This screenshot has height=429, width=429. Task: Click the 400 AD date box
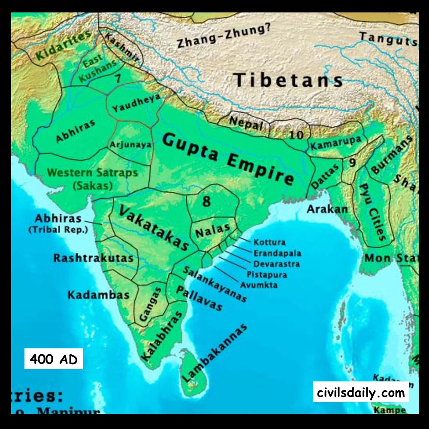point(54,359)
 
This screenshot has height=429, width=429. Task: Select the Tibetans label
point(288,80)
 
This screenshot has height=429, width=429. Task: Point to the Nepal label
point(246,123)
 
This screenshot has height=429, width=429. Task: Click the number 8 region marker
point(206,201)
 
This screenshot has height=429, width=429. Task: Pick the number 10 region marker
point(296,135)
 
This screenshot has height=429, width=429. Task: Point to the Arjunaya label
point(131,145)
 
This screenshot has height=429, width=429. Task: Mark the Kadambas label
point(98,295)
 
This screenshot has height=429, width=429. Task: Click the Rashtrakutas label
point(93,258)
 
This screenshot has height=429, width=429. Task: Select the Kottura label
point(269,242)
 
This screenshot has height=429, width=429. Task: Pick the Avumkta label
point(258,285)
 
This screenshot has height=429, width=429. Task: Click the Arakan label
point(327,209)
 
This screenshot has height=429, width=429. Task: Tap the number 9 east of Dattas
point(352,163)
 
